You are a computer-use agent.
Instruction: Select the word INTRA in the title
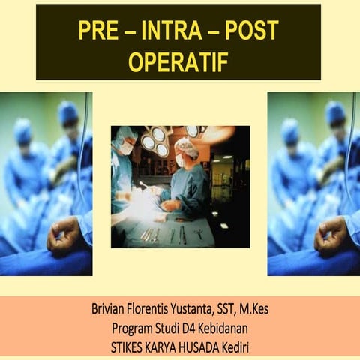point(178,31)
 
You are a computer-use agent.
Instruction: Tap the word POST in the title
point(251,31)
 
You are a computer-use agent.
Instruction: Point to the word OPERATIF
point(178,62)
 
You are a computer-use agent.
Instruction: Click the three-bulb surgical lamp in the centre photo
point(156,139)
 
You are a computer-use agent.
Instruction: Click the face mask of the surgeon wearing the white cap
point(181,160)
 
